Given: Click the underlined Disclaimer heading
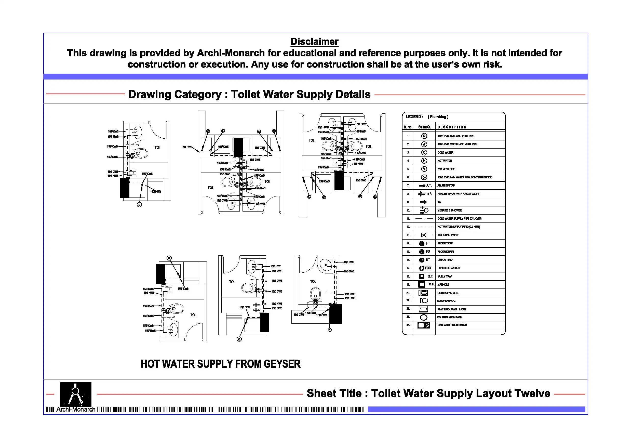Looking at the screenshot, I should (x=314, y=42).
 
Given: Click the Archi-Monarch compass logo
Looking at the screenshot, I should (x=76, y=394).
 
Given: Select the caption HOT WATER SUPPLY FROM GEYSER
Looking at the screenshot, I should (x=221, y=364).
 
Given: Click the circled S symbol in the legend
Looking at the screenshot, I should (x=424, y=136).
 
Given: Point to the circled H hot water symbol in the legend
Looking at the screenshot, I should (x=424, y=161).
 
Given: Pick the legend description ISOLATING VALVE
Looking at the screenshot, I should (x=448, y=235).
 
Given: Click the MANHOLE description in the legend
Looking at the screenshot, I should (x=443, y=284).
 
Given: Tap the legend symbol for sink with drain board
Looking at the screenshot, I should (x=423, y=325).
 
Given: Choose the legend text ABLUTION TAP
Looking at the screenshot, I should (x=446, y=186).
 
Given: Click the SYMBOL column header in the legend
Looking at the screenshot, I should (x=424, y=127).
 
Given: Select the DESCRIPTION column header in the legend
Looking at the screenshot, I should (x=452, y=127).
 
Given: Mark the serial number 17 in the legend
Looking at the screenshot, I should (x=408, y=268).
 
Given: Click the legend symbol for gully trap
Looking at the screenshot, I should (x=422, y=276).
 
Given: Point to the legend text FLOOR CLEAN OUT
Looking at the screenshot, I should (x=448, y=268).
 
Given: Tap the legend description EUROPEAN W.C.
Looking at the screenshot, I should (x=446, y=301).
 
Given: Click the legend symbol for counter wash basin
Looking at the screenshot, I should (x=423, y=317).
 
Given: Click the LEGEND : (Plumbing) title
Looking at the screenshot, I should (x=427, y=117).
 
